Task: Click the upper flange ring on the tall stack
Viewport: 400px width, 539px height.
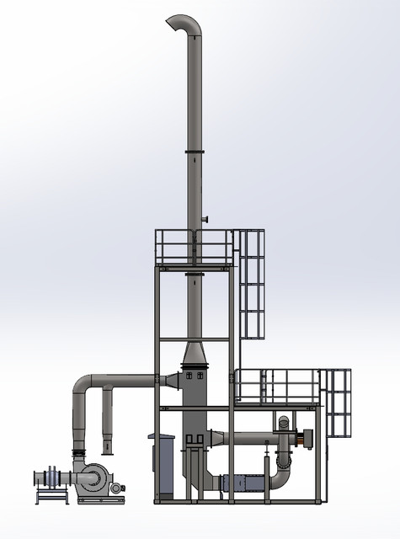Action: [195, 152]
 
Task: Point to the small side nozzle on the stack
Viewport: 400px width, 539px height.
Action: [204, 221]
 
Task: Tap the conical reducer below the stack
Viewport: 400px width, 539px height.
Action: [195, 353]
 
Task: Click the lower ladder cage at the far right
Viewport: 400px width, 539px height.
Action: [338, 403]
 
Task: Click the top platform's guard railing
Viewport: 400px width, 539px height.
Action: [195, 245]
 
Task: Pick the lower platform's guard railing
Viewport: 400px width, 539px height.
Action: [278, 384]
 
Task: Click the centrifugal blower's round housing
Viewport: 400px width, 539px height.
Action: [93, 478]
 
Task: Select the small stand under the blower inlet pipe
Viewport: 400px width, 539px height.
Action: [51, 495]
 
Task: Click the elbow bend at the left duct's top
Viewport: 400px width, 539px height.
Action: [83, 387]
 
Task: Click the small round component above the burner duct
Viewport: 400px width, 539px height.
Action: [284, 422]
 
